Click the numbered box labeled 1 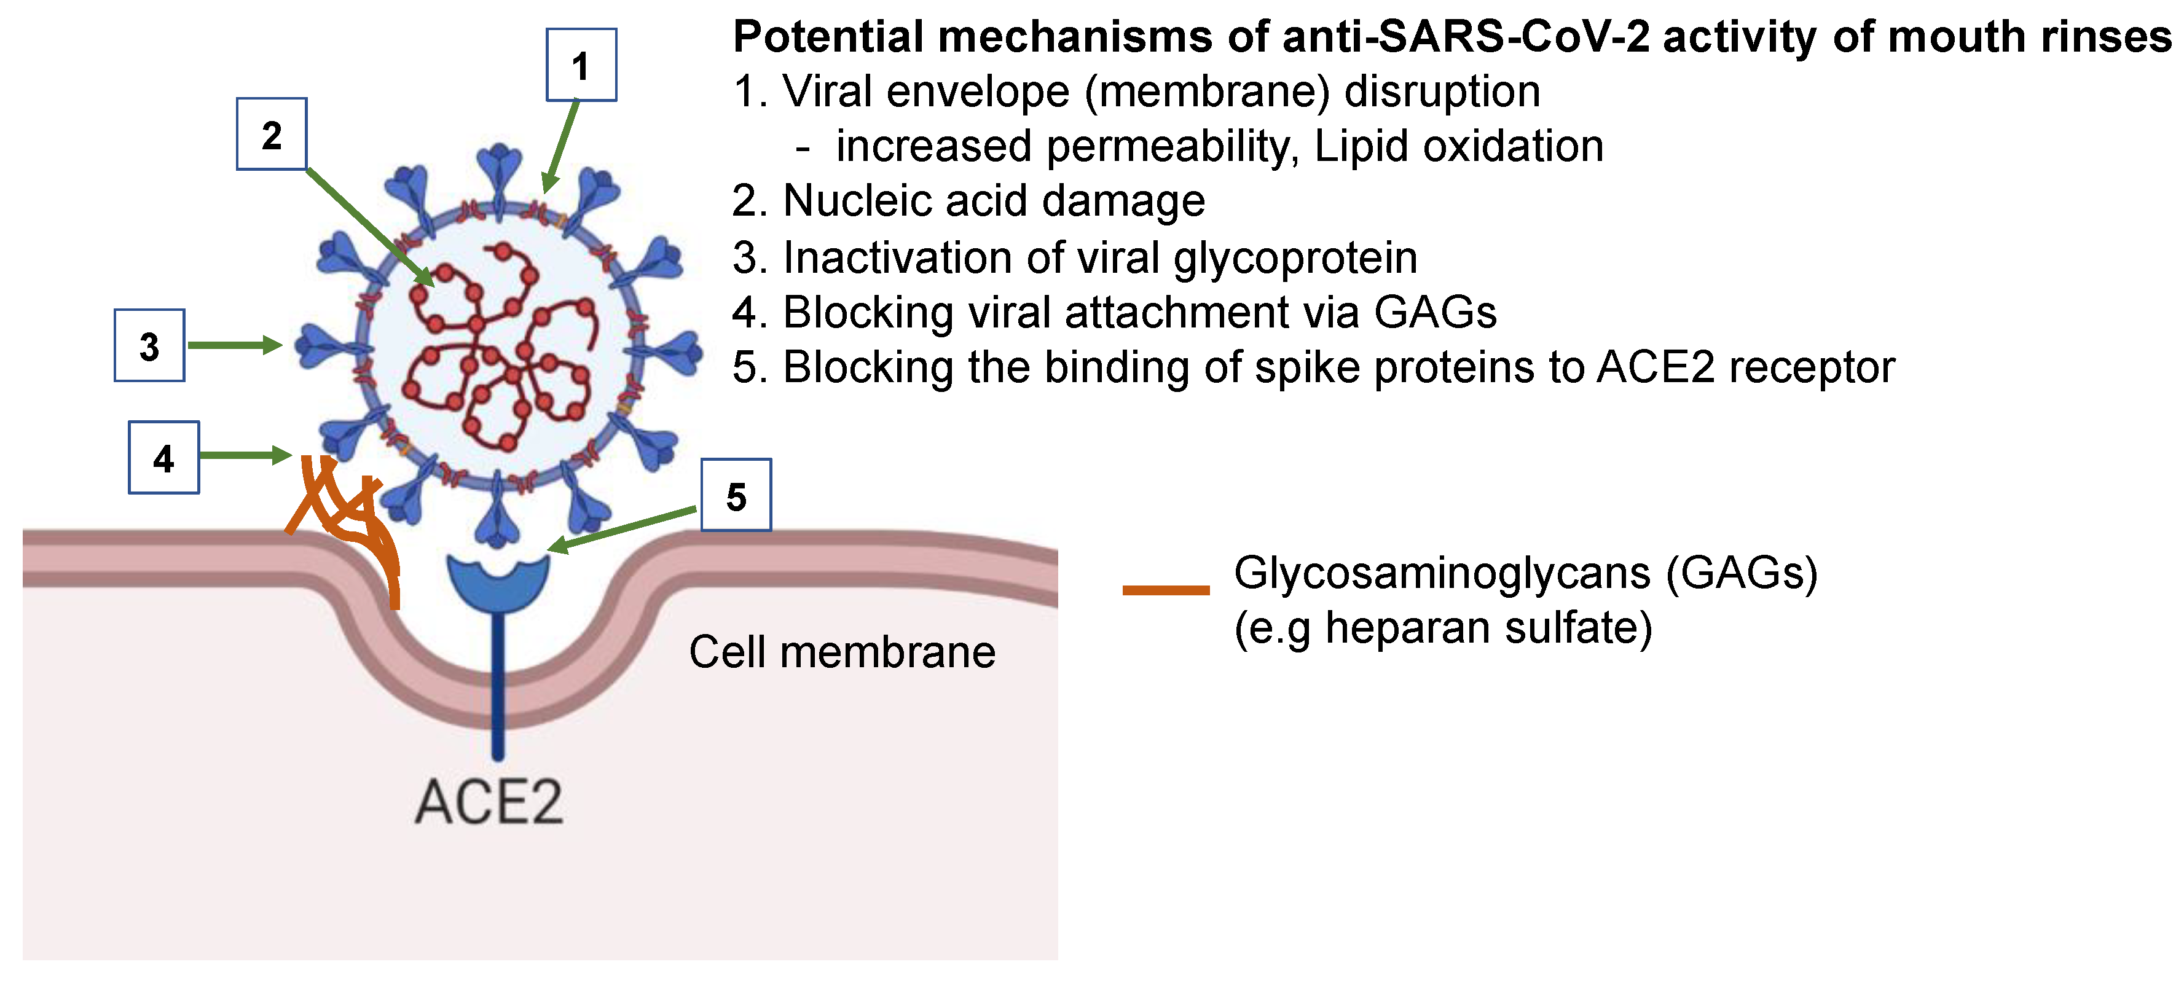pyautogui.click(x=581, y=65)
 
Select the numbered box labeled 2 pyautogui.click(x=271, y=134)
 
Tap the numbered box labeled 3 pyautogui.click(x=149, y=346)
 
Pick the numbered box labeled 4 pyautogui.click(x=163, y=458)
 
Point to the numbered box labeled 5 pyautogui.click(x=736, y=495)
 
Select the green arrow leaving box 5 pyautogui.click(x=623, y=530)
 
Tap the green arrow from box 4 pyautogui.click(x=244, y=456)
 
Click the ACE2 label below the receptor pyautogui.click(x=489, y=802)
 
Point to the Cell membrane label pyautogui.click(x=842, y=652)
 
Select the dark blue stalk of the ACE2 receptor pyautogui.click(x=498, y=686)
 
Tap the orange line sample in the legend pyautogui.click(x=1166, y=590)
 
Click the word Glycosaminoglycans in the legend pyautogui.click(x=1441, y=573)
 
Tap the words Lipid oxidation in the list pyautogui.click(x=1458, y=147)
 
